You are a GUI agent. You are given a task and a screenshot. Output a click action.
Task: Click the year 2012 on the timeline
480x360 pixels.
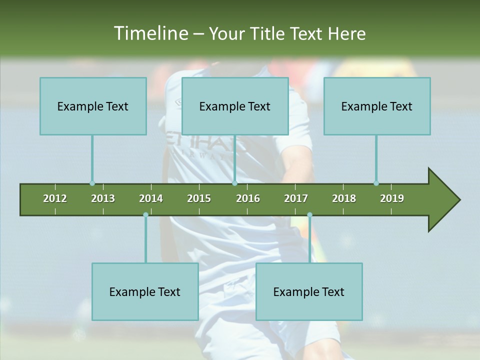point(55,198)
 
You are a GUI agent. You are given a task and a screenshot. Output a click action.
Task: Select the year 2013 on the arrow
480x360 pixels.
point(103,198)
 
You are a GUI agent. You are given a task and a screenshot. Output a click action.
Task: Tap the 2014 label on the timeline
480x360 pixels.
point(151,198)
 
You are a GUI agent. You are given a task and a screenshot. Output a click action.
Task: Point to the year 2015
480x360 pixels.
point(199,198)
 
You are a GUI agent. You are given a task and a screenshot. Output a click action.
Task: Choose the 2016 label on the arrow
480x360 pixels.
point(248,198)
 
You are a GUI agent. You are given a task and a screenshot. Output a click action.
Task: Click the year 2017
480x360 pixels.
point(296,198)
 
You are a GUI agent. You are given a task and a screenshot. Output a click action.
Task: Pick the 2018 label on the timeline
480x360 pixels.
point(344,198)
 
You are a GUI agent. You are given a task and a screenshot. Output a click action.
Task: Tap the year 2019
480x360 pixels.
point(392,198)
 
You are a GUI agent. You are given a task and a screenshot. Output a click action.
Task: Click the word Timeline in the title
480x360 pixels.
point(150,33)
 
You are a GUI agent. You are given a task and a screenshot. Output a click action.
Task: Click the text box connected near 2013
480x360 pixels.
point(93,106)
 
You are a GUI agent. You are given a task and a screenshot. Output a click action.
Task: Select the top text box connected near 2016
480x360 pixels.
point(235,106)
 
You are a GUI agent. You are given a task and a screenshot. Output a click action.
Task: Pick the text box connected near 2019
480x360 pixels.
point(377,106)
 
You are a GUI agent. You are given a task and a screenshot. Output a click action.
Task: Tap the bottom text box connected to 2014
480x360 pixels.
point(145,291)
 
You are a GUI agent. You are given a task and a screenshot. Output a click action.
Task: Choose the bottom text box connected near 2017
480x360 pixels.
point(309,291)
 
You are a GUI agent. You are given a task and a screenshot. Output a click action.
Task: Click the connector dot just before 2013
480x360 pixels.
point(92,183)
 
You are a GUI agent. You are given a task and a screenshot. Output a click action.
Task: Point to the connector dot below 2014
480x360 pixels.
point(145,215)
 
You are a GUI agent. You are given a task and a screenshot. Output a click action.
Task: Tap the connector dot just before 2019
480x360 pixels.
point(376,183)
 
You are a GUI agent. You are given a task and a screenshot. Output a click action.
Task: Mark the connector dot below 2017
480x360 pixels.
point(309,215)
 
